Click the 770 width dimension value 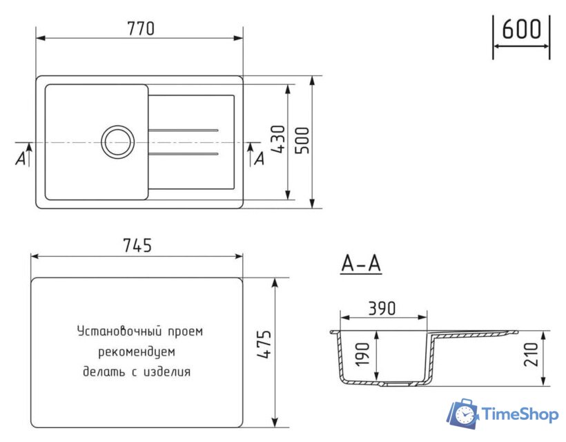[x=139, y=28]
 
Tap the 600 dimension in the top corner [x=521, y=30]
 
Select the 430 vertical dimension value [x=277, y=142]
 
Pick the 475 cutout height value [x=264, y=345]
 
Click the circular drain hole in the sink [x=116, y=142]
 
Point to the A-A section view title [x=361, y=264]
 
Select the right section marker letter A [x=259, y=159]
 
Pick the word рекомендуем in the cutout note [x=137, y=352]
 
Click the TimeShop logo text [x=520, y=414]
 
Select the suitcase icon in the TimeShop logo [x=463, y=414]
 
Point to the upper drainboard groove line [x=184, y=130]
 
